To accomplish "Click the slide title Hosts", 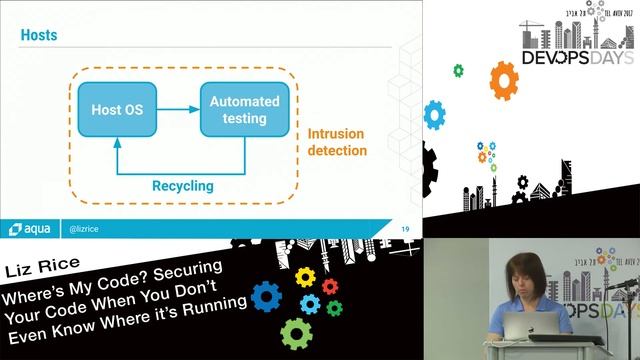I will [x=39, y=36].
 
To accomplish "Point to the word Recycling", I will [x=182, y=185].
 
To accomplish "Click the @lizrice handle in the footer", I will [x=84, y=228].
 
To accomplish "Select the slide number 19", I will [x=405, y=228].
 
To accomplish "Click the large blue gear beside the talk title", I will [x=266, y=296].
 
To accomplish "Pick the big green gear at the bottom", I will [x=296, y=332].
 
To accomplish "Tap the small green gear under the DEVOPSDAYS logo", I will [x=458, y=70].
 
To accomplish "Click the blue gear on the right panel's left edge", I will [x=434, y=114].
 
